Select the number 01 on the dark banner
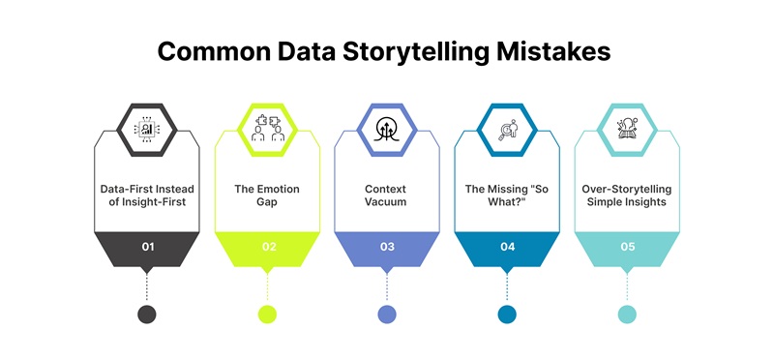147,247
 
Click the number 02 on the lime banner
268,247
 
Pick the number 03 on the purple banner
387,247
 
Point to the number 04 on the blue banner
507,247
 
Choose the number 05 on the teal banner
627,247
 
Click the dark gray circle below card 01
147,314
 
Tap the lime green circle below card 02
268,314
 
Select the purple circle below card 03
387,314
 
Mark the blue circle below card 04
507,314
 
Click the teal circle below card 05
627,314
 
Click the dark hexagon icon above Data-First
147,129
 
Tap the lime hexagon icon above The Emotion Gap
268,129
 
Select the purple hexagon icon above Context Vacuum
387,129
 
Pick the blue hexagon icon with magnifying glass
507,129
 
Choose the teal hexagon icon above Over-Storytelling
627,129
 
